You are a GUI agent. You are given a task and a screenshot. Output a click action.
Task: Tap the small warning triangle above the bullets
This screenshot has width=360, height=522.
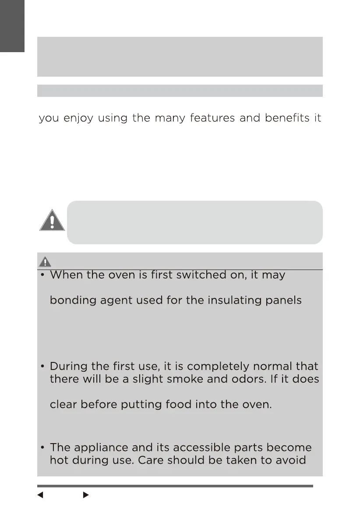pos(44,262)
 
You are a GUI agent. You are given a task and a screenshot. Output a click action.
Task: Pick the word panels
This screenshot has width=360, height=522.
pos(283,301)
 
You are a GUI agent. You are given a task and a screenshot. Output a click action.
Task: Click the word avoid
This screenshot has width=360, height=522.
pos(300,461)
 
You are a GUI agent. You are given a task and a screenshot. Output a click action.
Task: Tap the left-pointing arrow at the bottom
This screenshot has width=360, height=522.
pos(40,495)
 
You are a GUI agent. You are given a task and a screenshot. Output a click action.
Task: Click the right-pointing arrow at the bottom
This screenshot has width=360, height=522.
pos(86,495)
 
